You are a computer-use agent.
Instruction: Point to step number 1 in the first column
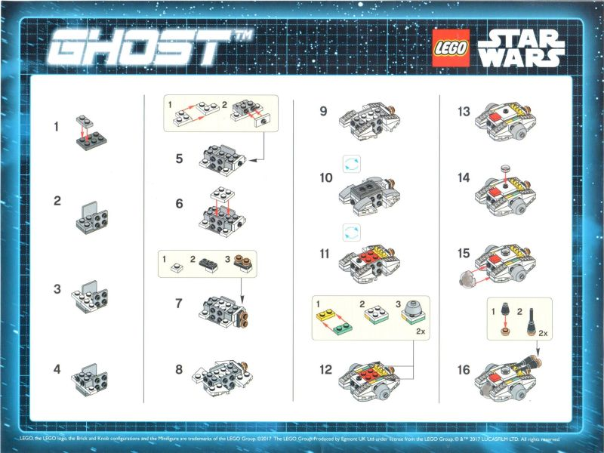[x=56, y=127]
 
